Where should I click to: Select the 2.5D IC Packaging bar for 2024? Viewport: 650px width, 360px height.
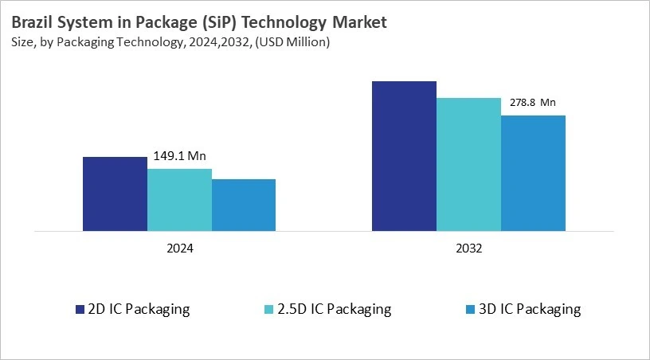coord(179,199)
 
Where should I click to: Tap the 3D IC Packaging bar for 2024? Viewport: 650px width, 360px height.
coord(244,205)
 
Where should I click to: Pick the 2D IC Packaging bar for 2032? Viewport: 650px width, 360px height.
coord(404,156)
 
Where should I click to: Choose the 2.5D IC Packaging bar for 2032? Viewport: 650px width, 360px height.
coord(468,164)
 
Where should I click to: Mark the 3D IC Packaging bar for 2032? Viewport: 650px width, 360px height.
coord(533,173)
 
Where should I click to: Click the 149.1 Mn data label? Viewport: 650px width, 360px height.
coord(179,156)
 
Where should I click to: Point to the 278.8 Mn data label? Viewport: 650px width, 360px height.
coord(532,103)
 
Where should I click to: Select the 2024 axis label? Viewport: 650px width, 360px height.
coord(179,248)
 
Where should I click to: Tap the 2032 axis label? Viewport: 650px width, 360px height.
coord(468,248)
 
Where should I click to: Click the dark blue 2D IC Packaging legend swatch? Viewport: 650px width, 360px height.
coord(80,309)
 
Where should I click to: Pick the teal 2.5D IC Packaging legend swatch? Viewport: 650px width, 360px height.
coord(268,309)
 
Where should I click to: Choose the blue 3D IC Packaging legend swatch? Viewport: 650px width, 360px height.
coord(470,309)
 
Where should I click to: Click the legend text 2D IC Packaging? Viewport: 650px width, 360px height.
coord(139,309)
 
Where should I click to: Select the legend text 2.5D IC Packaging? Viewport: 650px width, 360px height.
coord(335,309)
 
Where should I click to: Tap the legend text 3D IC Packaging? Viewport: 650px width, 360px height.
coord(530,309)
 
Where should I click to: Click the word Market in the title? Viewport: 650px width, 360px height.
coord(357,22)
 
